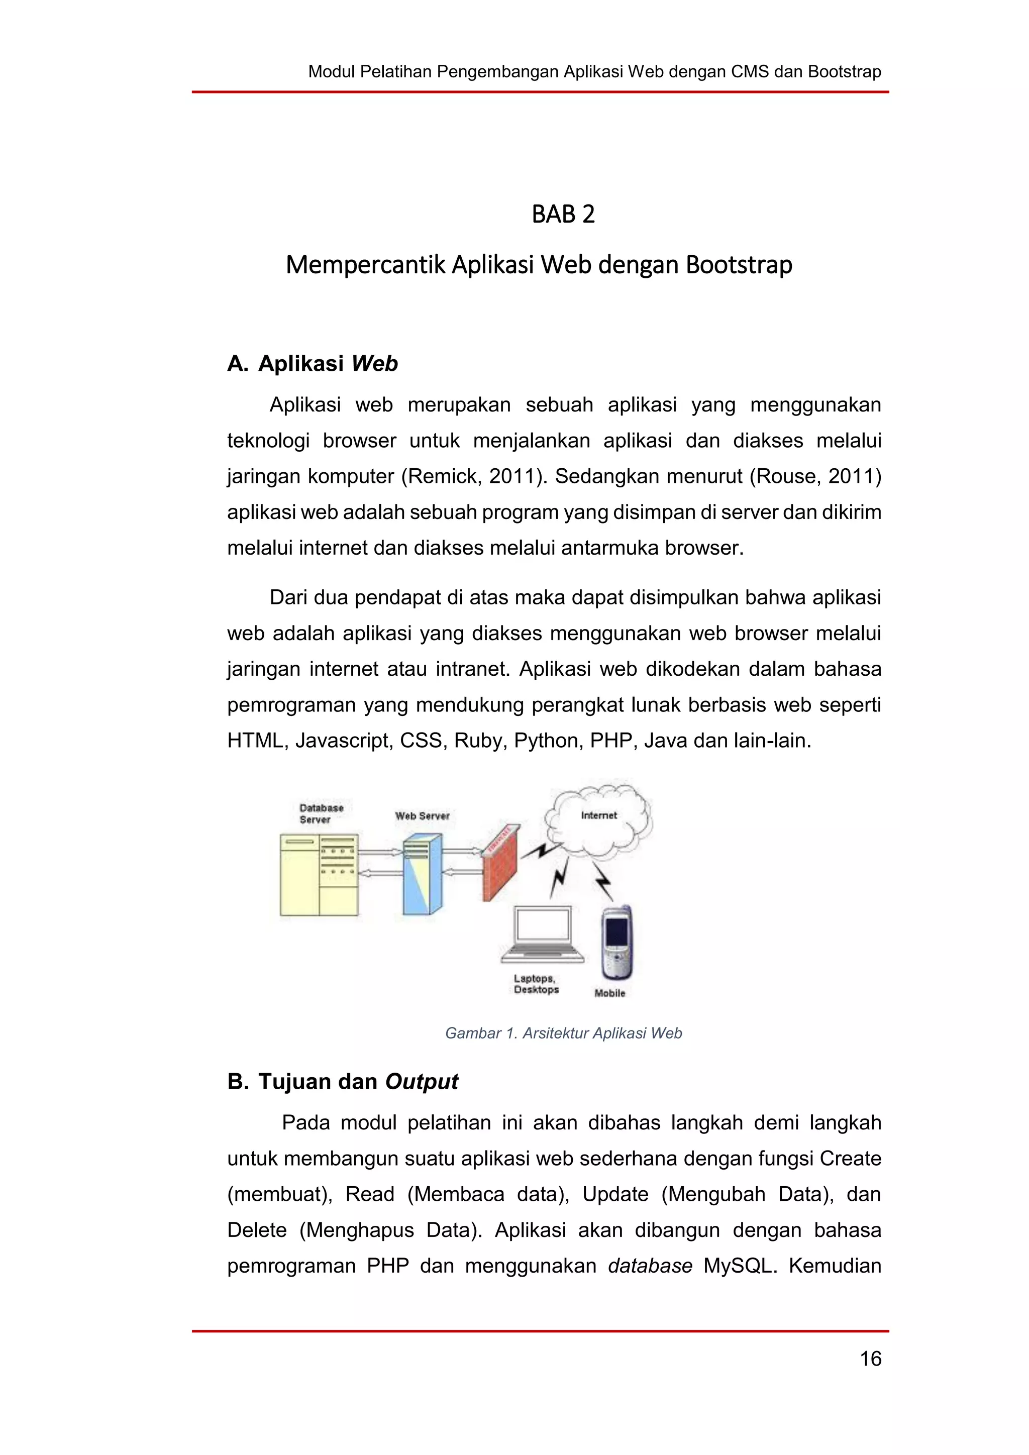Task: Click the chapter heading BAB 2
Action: pyautogui.click(x=563, y=214)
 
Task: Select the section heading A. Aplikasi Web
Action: pyautogui.click(x=313, y=364)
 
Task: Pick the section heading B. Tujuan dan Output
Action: pyautogui.click(x=342, y=1081)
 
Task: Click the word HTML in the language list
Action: pyautogui.click(x=255, y=740)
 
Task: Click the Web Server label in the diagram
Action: pyautogui.click(x=422, y=815)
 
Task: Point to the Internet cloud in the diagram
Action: pyautogui.click(x=599, y=817)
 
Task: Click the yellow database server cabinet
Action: pyautogui.click(x=319, y=875)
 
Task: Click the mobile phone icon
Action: pyautogui.click(x=616, y=943)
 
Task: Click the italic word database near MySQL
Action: pyautogui.click(x=650, y=1266)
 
